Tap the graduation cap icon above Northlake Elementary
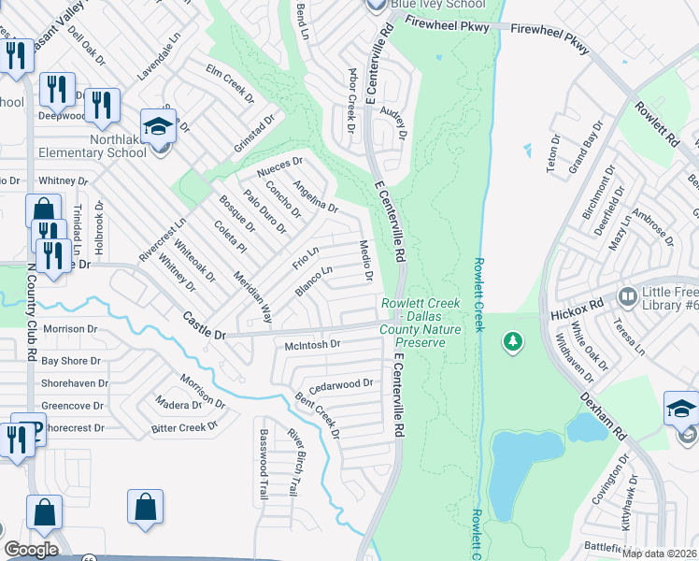pos(158,125)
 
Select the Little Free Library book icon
pos(628,296)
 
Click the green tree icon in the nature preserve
pos(512,342)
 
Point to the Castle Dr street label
pos(205,326)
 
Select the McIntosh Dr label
pos(312,344)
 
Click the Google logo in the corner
pos(31,550)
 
